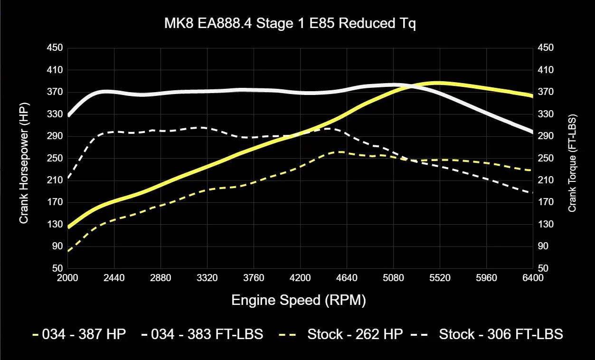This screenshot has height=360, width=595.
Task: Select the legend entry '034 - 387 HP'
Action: pos(79,334)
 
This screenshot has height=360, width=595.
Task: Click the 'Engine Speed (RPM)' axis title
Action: pos(299,300)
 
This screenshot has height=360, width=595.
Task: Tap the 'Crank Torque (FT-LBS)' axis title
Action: pos(572,162)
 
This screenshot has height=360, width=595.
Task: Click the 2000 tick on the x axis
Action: pos(68,278)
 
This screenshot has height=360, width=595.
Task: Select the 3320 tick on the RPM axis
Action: pos(207,278)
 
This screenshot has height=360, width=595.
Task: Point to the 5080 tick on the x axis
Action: pos(393,278)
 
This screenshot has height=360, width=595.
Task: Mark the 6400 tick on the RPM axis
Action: pos(533,278)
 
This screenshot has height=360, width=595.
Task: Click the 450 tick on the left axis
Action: pos(55,48)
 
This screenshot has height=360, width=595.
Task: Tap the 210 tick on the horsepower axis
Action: pos(55,180)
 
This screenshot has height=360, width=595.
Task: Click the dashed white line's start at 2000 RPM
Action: pos(68,178)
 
